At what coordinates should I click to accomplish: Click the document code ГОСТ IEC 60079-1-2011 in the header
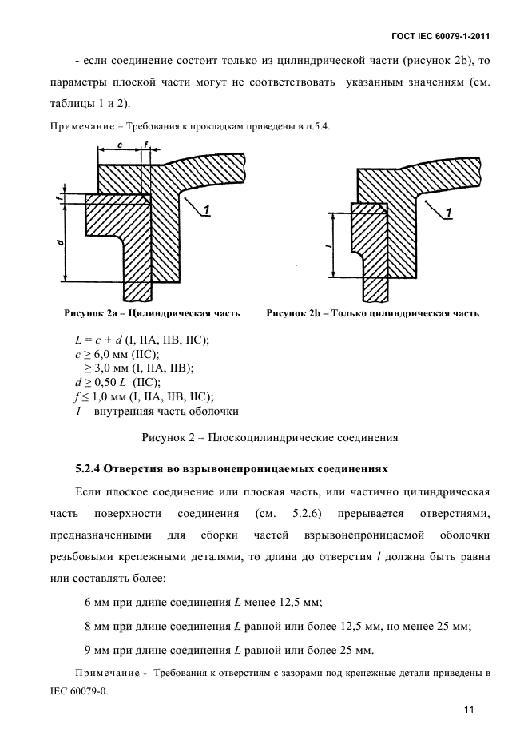click(x=440, y=36)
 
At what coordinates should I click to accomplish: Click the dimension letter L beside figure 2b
click(x=330, y=245)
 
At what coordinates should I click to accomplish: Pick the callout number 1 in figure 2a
click(x=206, y=209)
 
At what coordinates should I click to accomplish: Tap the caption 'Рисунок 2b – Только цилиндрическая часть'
click(x=372, y=313)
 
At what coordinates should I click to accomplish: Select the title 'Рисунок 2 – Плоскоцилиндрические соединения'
click(x=269, y=437)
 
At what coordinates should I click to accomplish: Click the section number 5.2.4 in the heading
click(x=90, y=467)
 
